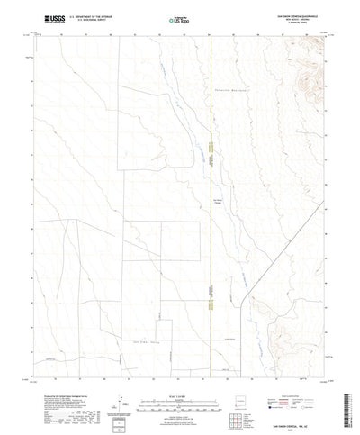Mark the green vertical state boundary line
pyautogui.click(x=209, y=225)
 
